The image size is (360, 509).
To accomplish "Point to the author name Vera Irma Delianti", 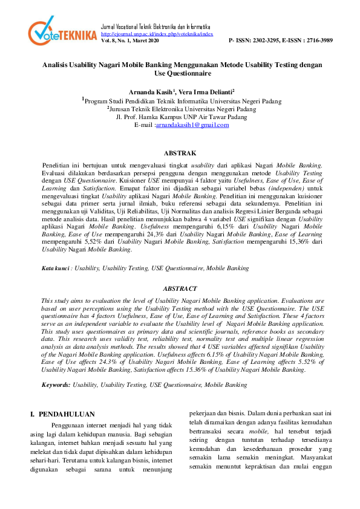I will click(x=205, y=91).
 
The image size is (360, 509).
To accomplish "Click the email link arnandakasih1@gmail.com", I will click(x=192, y=125).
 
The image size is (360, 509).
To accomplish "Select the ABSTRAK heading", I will click(x=180, y=154).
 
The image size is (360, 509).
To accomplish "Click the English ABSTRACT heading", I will click(x=180, y=289).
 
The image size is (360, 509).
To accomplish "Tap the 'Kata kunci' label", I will click(x=54, y=267).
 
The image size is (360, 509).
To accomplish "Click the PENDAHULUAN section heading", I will click(x=67, y=414).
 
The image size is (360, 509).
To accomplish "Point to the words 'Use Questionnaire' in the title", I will click(x=180, y=73).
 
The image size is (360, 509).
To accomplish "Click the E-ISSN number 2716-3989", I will click(x=315, y=41).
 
